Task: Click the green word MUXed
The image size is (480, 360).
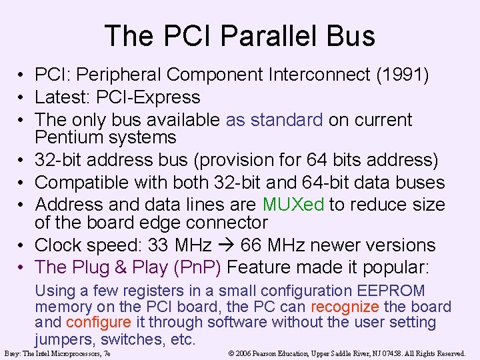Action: [293, 204]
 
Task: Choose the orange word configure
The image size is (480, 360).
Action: [99, 323]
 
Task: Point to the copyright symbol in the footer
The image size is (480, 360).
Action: [231, 353]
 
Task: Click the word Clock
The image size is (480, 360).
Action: [59, 245]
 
